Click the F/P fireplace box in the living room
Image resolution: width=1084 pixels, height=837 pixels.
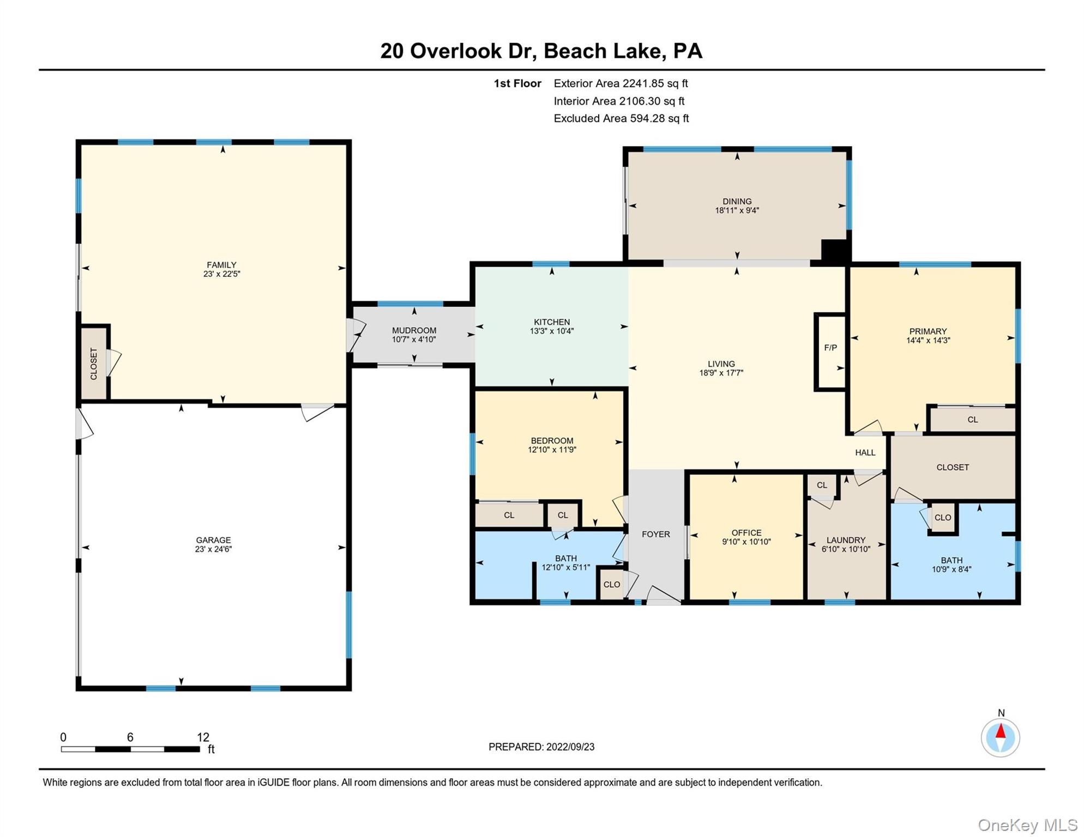pos(830,351)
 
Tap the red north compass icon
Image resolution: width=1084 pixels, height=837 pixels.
pos(1000,737)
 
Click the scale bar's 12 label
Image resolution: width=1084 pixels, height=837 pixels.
pos(203,737)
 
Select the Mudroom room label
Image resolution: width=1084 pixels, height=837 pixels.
pos(414,330)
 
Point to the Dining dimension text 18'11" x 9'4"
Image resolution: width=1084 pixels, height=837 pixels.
pos(737,210)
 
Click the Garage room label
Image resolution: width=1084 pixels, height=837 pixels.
pos(213,540)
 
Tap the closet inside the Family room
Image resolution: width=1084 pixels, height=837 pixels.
pos(94,363)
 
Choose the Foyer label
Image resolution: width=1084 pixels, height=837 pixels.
pos(655,534)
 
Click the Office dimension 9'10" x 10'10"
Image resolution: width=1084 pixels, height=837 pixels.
pos(746,542)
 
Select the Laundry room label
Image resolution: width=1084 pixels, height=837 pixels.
pos(846,540)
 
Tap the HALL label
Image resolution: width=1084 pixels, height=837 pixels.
pos(865,452)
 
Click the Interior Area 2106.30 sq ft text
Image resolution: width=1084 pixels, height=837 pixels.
pos(618,101)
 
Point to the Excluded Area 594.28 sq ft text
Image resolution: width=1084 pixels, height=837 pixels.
pos(621,118)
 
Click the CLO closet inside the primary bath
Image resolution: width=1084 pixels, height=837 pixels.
pos(943,518)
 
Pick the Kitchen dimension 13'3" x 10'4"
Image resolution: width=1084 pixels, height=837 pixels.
pos(551,331)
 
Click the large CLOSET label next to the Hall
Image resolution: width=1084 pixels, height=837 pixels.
pos(953,467)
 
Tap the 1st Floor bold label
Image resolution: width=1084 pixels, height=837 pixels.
pos(517,83)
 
